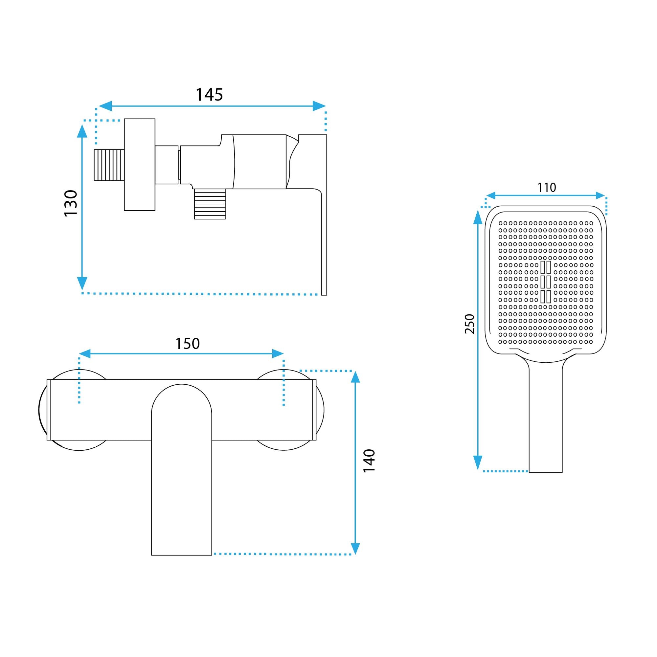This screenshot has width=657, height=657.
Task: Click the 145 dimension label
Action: coord(209,95)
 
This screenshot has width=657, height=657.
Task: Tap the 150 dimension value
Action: coord(187,344)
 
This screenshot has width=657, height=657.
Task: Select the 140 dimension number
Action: coord(369,461)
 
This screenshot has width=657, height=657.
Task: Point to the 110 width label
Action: coord(547,187)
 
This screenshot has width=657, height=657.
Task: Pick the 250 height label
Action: coord(470,324)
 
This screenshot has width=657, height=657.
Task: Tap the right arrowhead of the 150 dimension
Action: coord(278,354)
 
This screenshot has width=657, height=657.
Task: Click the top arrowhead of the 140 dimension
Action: coord(355,377)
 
